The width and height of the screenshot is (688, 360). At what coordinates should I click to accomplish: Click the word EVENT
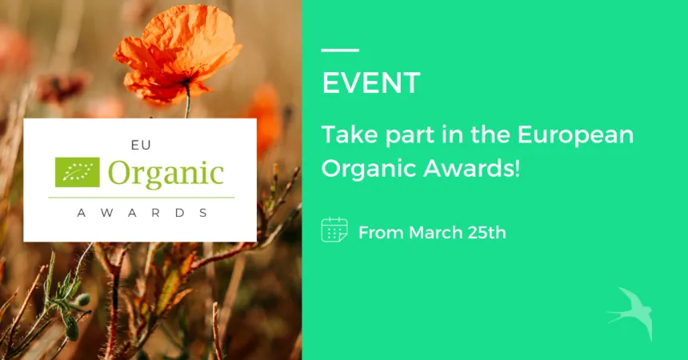371,82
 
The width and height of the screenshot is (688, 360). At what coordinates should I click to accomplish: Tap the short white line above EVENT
339,50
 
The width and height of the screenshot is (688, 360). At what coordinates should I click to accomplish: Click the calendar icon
334,230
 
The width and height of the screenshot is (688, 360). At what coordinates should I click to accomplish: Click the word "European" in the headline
575,134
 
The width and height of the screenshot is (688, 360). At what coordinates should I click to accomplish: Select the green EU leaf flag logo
78,171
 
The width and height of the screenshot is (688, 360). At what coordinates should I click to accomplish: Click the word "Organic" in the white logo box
166,173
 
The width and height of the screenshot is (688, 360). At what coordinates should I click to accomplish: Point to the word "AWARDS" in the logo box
142,213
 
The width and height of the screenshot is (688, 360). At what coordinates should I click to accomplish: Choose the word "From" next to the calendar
382,233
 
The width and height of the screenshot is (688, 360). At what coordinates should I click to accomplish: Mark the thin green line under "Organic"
141,197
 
